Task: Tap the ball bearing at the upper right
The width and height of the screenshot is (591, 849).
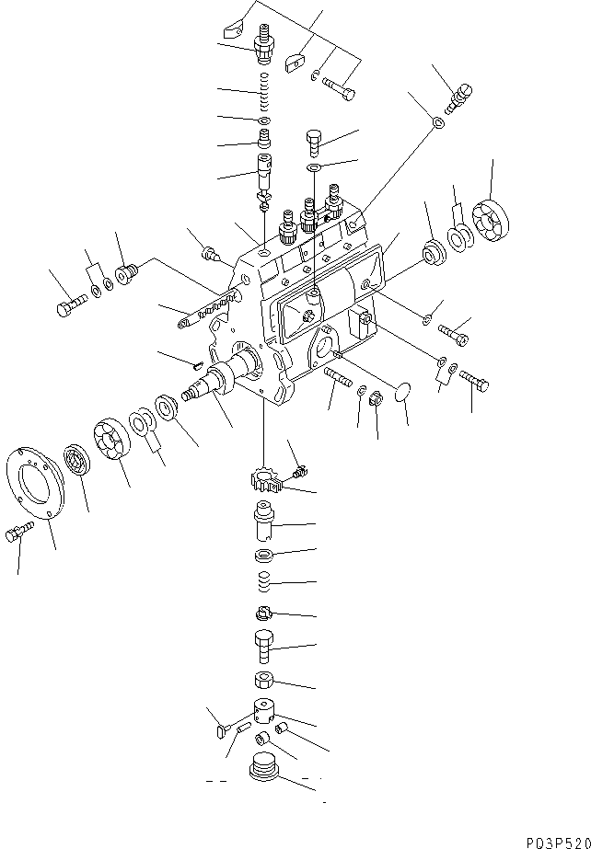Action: (491, 221)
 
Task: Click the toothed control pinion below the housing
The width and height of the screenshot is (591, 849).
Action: (265, 480)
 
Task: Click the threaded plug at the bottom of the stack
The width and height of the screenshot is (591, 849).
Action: (264, 766)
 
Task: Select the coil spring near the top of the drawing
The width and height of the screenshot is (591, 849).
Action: (264, 90)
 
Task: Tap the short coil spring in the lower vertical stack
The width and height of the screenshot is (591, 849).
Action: (262, 582)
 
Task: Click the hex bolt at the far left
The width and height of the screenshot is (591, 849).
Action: (71, 304)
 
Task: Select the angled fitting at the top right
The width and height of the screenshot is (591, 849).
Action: (458, 98)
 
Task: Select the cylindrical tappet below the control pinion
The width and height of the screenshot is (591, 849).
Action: (264, 520)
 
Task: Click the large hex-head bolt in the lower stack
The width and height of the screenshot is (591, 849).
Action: (263, 647)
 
